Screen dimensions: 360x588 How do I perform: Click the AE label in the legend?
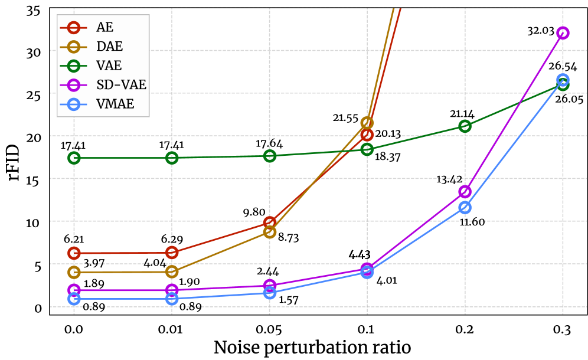tap(104, 28)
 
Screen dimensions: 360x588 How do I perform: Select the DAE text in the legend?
tap(109, 47)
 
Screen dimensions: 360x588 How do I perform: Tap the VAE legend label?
tap(109, 66)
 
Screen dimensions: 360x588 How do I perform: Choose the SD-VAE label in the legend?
tap(121, 85)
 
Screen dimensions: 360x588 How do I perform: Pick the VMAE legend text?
tap(115, 104)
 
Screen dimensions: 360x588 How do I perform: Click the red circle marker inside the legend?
tap(74, 28)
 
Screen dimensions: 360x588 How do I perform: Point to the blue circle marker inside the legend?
tap(74, 104)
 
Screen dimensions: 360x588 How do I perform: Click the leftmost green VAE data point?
tap(74, 158)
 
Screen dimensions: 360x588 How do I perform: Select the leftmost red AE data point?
tap(74, 253)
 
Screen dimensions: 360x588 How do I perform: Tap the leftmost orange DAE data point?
tap(74, 272)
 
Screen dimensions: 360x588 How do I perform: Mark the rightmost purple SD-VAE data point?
tap(563, 32)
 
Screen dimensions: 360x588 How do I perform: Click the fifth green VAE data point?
tap(465, 126)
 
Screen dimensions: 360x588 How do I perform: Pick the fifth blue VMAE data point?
tap(465, 207)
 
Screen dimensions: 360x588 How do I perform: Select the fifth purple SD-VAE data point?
tap(465, 191)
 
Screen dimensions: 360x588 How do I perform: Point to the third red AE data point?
tap(270, 222)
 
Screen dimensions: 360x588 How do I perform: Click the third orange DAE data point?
tap(270, 232)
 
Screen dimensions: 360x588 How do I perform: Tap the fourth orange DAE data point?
tap(367, 123)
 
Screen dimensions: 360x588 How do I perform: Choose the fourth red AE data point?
tap(367, 135)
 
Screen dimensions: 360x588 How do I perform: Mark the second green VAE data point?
tap(172, 158)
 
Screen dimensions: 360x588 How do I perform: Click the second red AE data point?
tap(172, 253)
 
